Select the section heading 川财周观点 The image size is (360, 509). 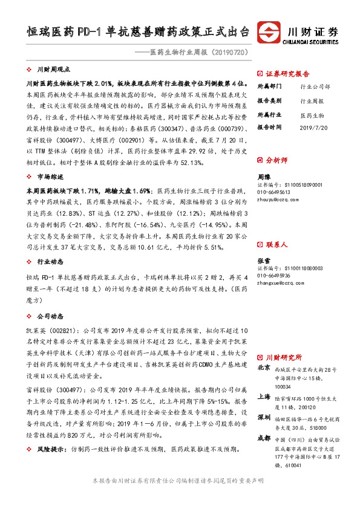pyautogui.click(x=53, y=70)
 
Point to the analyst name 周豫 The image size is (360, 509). pyautogui.click(x=263, y=177)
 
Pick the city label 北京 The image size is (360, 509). pyautogui.click(x=264, y=368)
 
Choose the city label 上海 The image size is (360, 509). pyautogui.click(x=264, y=397)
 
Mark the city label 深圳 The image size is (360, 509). pyautogui.click(x=264, y=418)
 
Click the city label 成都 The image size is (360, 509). pyautogui.click(x=264, y=438)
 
